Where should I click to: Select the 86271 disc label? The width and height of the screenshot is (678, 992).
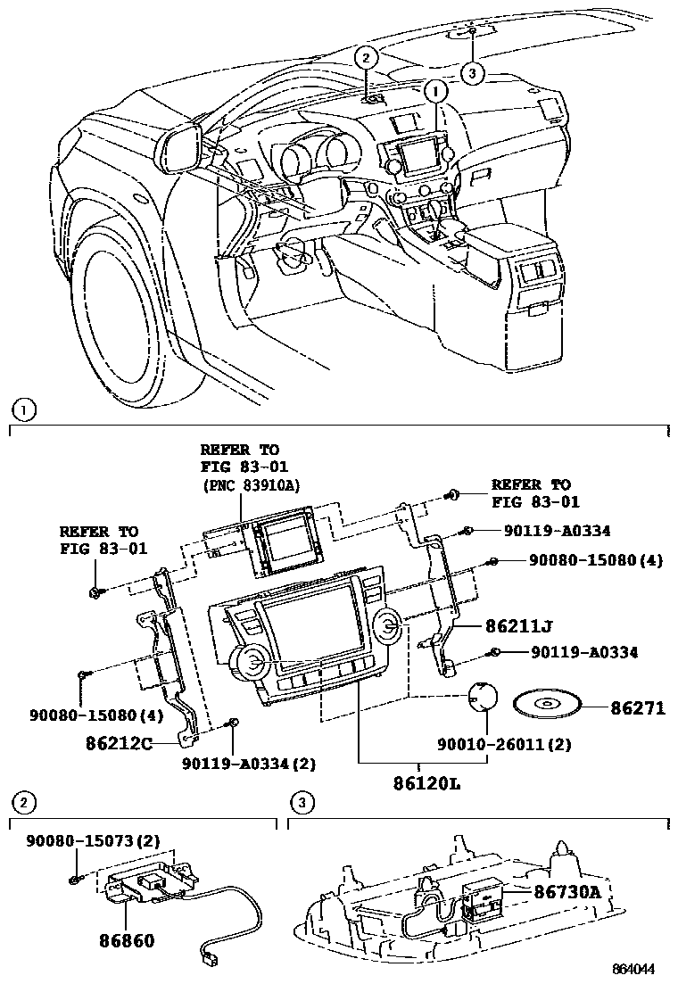pyautogui.click(x=638, y=707)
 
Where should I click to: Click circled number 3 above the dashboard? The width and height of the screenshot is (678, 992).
pyautogui.click(x=473, y=72)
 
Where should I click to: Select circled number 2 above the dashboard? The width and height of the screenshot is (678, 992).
pyautogui.click(x=367, y=56)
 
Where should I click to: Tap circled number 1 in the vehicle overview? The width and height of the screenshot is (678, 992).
pyautogui.click(x=435, y=90)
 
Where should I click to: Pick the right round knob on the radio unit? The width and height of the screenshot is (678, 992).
pyautogui.click(x=390, y=627)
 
